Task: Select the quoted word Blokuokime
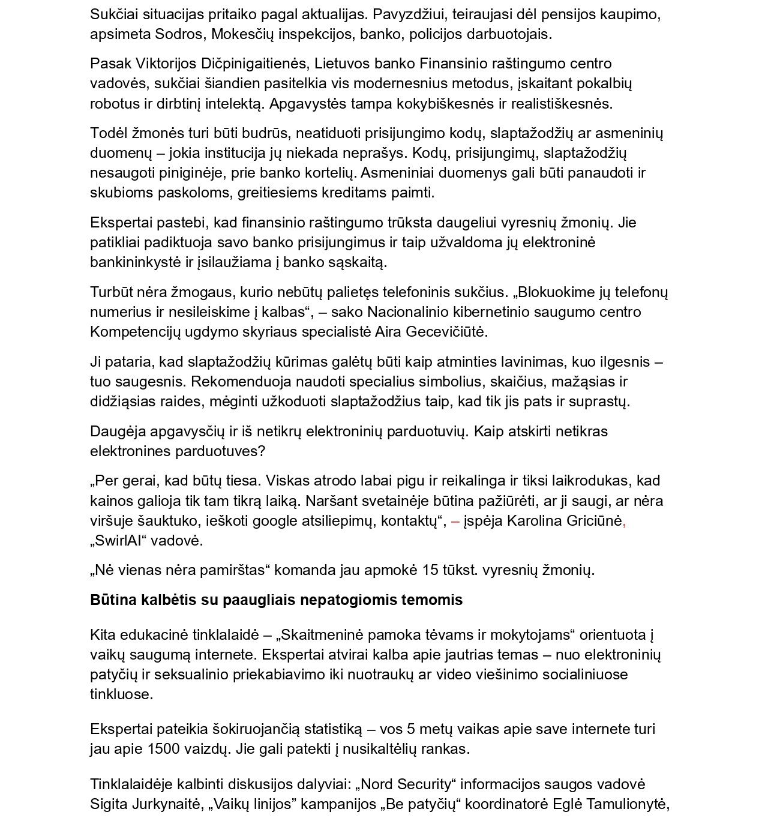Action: (557, 292)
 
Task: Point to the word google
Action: (274, 520)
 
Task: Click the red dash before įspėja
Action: (455, 520)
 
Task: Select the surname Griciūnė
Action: (590, 520)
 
